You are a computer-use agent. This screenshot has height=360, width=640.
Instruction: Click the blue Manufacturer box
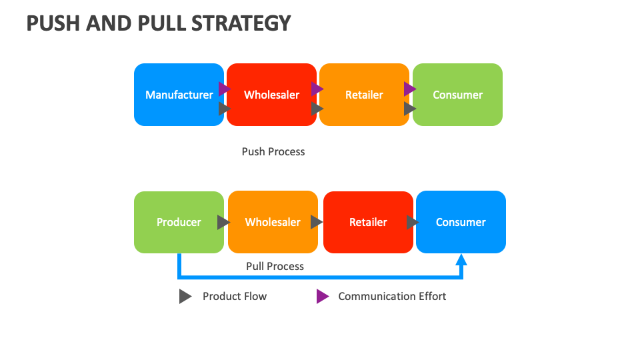[179, 95]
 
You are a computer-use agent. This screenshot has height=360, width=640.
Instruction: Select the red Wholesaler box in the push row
[271, 95]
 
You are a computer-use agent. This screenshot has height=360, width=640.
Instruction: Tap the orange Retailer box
[364, 95]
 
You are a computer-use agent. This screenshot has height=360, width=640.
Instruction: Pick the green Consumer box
[457, 95]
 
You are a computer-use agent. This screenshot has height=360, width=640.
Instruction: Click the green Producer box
[179, 222]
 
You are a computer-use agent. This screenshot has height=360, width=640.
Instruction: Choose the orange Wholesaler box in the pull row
[273, 222]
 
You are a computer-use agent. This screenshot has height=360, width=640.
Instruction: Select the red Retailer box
[368, 222]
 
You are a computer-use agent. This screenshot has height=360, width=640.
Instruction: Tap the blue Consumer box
[461, 222]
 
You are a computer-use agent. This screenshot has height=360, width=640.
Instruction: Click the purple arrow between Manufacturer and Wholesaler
[224, 89]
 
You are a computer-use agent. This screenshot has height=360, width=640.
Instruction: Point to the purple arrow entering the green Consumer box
[409, 89]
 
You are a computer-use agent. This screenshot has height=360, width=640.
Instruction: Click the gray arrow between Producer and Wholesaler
[223, 222]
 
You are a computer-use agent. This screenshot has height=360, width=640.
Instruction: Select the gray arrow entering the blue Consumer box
[412, 222]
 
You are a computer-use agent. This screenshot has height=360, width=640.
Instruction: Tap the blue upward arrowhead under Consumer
[461, 259]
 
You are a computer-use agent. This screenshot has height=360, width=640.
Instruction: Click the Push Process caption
[273, 151]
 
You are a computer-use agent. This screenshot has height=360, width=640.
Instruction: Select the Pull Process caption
[275, 266]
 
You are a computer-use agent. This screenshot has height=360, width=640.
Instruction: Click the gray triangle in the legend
[185, 297]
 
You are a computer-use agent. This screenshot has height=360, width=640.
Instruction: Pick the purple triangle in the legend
[322, 297]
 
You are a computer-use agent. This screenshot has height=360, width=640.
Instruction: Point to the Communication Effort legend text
[392, 296]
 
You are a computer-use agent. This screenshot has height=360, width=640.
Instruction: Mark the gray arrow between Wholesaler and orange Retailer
[317, 108]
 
